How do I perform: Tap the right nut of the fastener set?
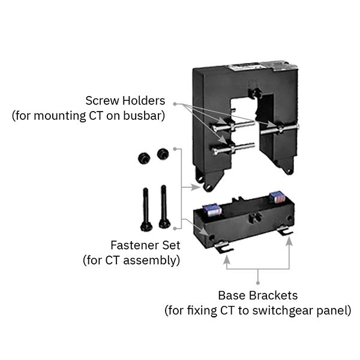coord(161,154)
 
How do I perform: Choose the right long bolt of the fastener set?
coord(163,205)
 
